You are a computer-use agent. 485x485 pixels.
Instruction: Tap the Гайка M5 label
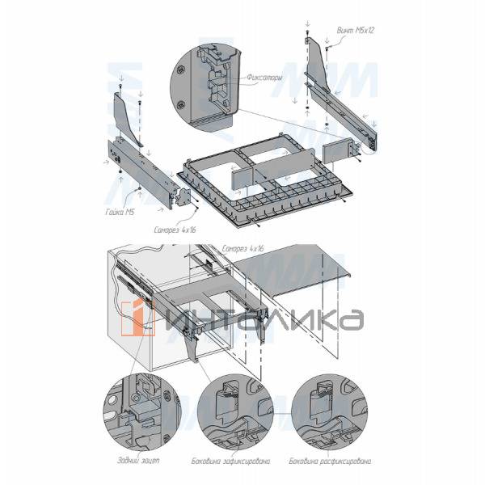[119, 213]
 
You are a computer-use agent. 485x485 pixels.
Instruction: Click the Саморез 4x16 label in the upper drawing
[175, 230]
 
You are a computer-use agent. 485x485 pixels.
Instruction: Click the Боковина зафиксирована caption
[237, 462]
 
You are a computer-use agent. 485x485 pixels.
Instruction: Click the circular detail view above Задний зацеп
[138, 413]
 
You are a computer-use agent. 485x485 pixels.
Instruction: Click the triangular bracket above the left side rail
[128, 117]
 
